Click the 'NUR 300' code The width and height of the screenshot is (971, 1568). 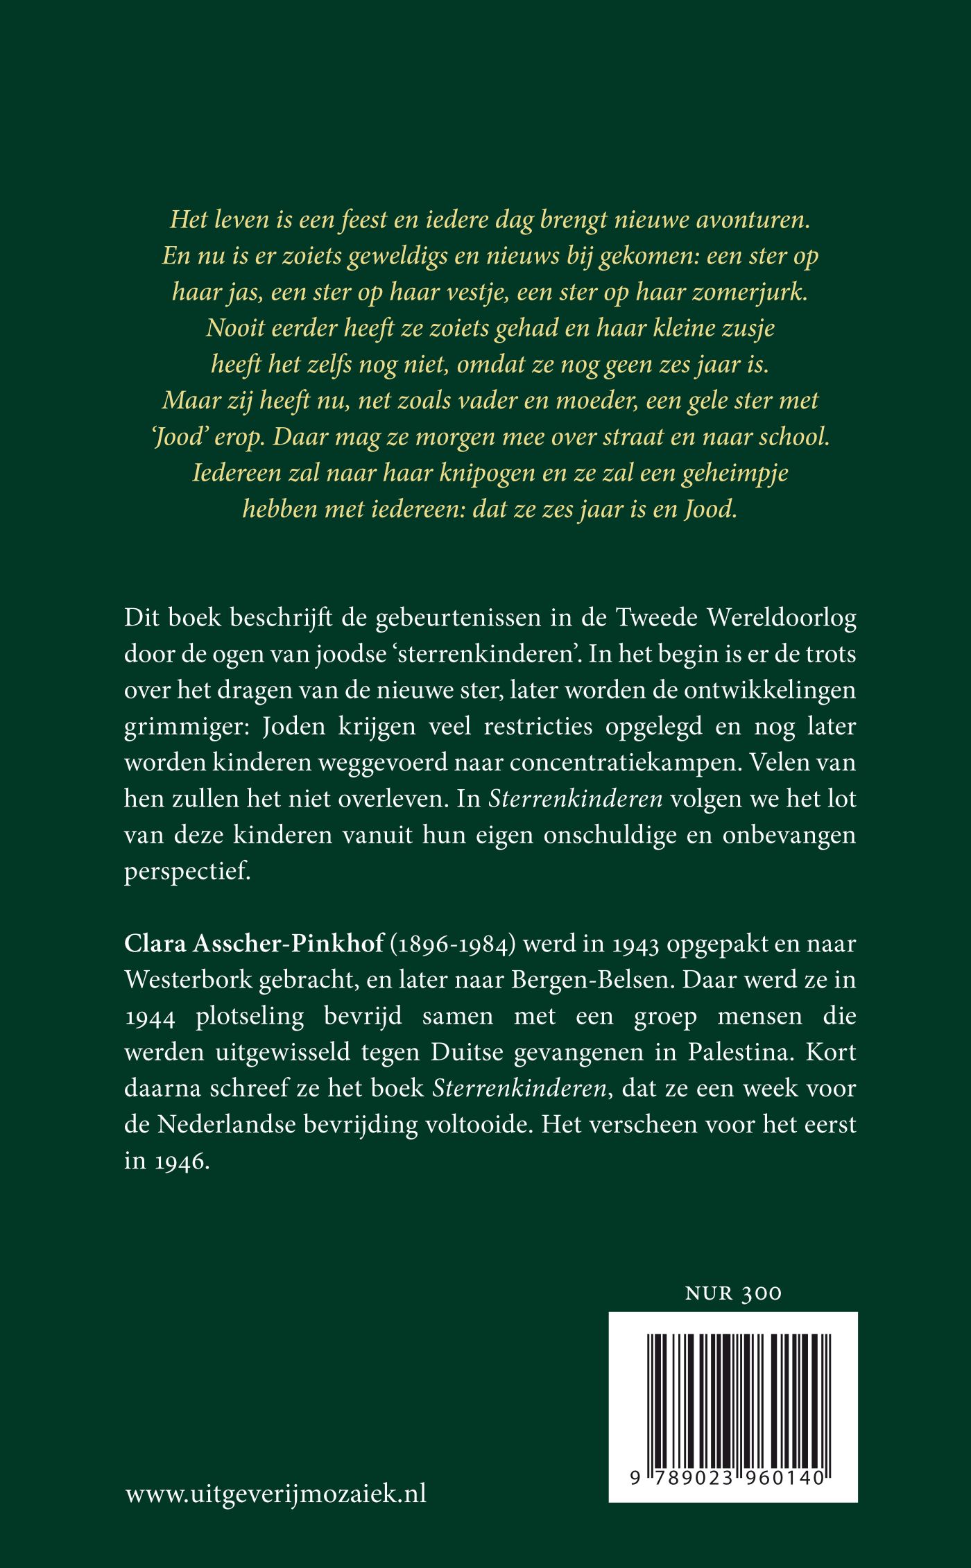click(732, 1293)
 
